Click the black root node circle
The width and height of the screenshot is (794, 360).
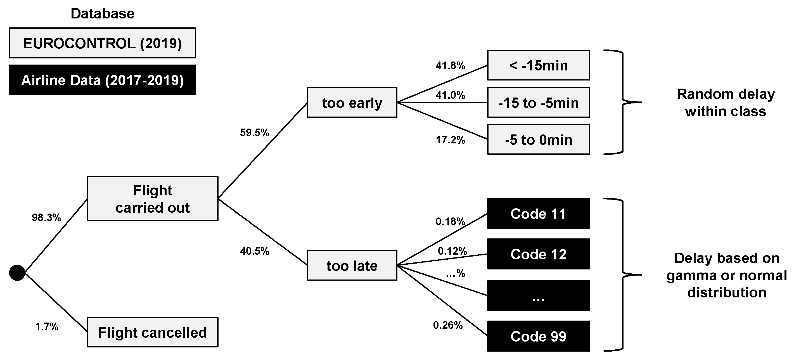(17, 273)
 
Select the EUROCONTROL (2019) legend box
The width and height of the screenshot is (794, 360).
(102, 43)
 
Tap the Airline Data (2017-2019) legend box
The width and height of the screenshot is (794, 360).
(102, 80)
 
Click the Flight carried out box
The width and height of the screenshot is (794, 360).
(153, 199)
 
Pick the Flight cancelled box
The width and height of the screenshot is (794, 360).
(153, 332)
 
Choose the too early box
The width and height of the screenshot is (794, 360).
(352, 103)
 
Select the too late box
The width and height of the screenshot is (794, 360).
(352, 265)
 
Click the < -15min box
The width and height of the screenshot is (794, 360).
(538, 65)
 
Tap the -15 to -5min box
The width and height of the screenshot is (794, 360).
(538, 103)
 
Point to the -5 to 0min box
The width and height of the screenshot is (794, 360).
(538, 140)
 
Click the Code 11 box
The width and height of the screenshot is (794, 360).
(538, 214)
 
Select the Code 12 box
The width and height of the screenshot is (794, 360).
(538, 254)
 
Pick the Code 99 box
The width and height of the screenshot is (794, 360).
(538, 336)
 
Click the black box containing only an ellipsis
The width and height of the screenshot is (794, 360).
(538, 296)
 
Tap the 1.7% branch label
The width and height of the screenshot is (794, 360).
(47, 326)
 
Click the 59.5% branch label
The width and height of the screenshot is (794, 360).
(255, 132)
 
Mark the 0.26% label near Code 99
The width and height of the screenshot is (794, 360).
(447, 325)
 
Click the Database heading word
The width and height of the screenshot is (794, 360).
(102, 14)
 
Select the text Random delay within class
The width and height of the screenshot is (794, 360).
(726, 103)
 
